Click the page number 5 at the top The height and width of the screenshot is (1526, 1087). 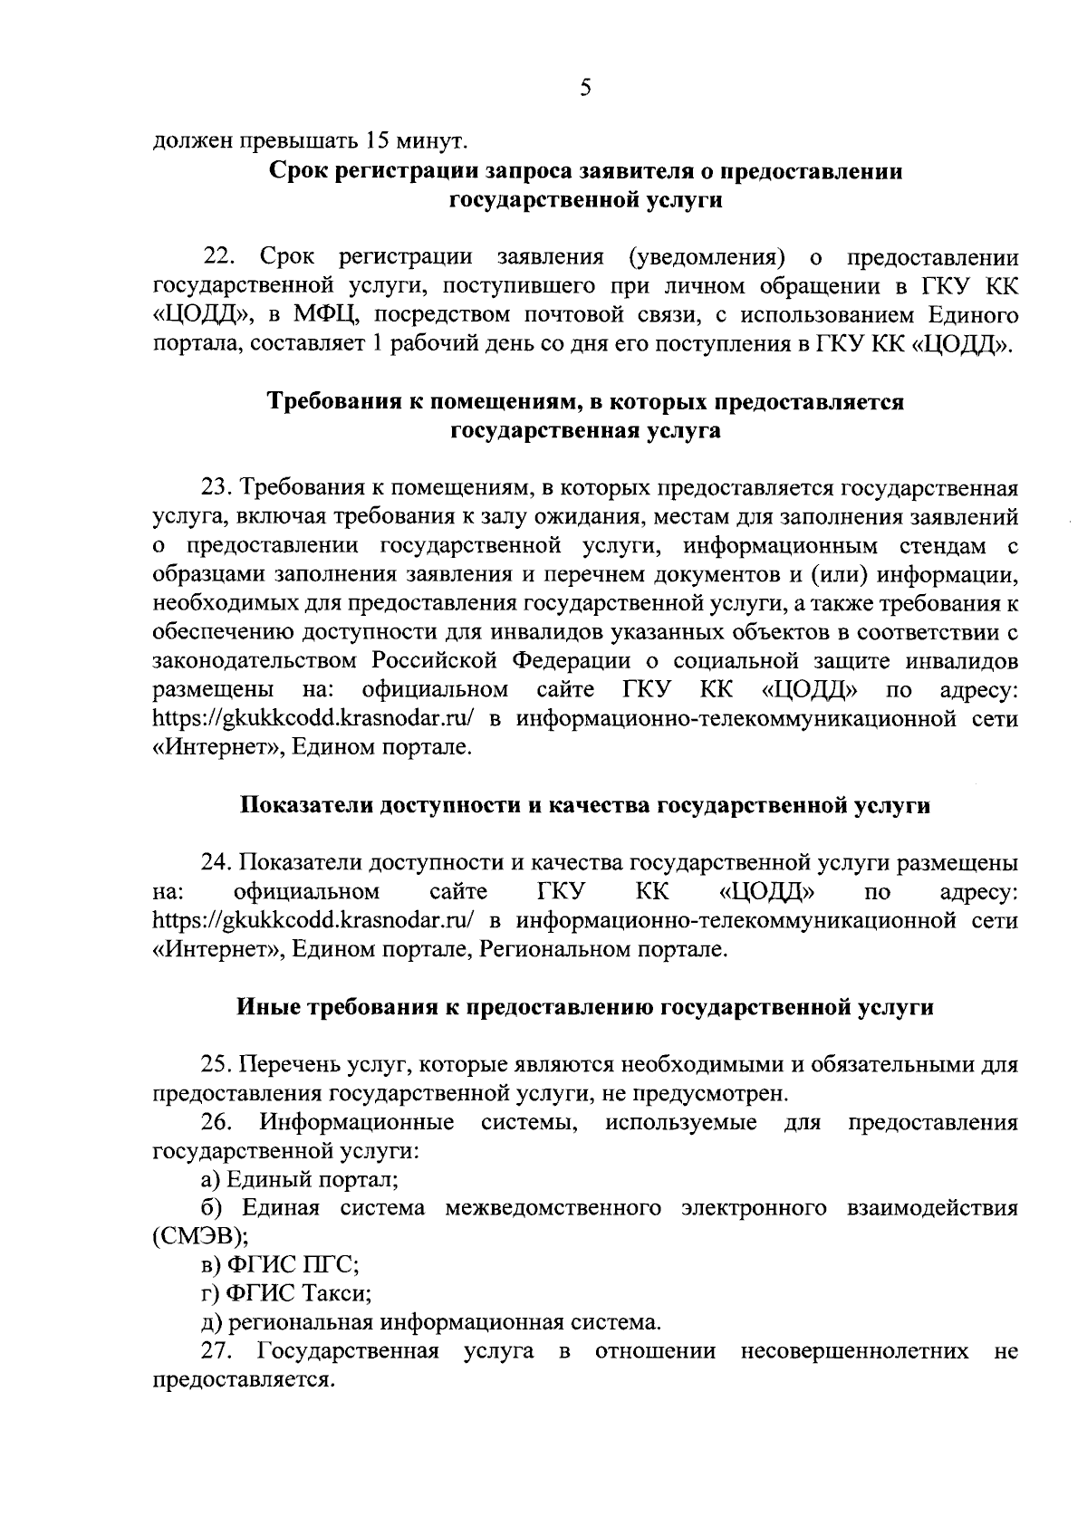pos(584,88)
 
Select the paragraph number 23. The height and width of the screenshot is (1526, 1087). pos(219,488)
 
